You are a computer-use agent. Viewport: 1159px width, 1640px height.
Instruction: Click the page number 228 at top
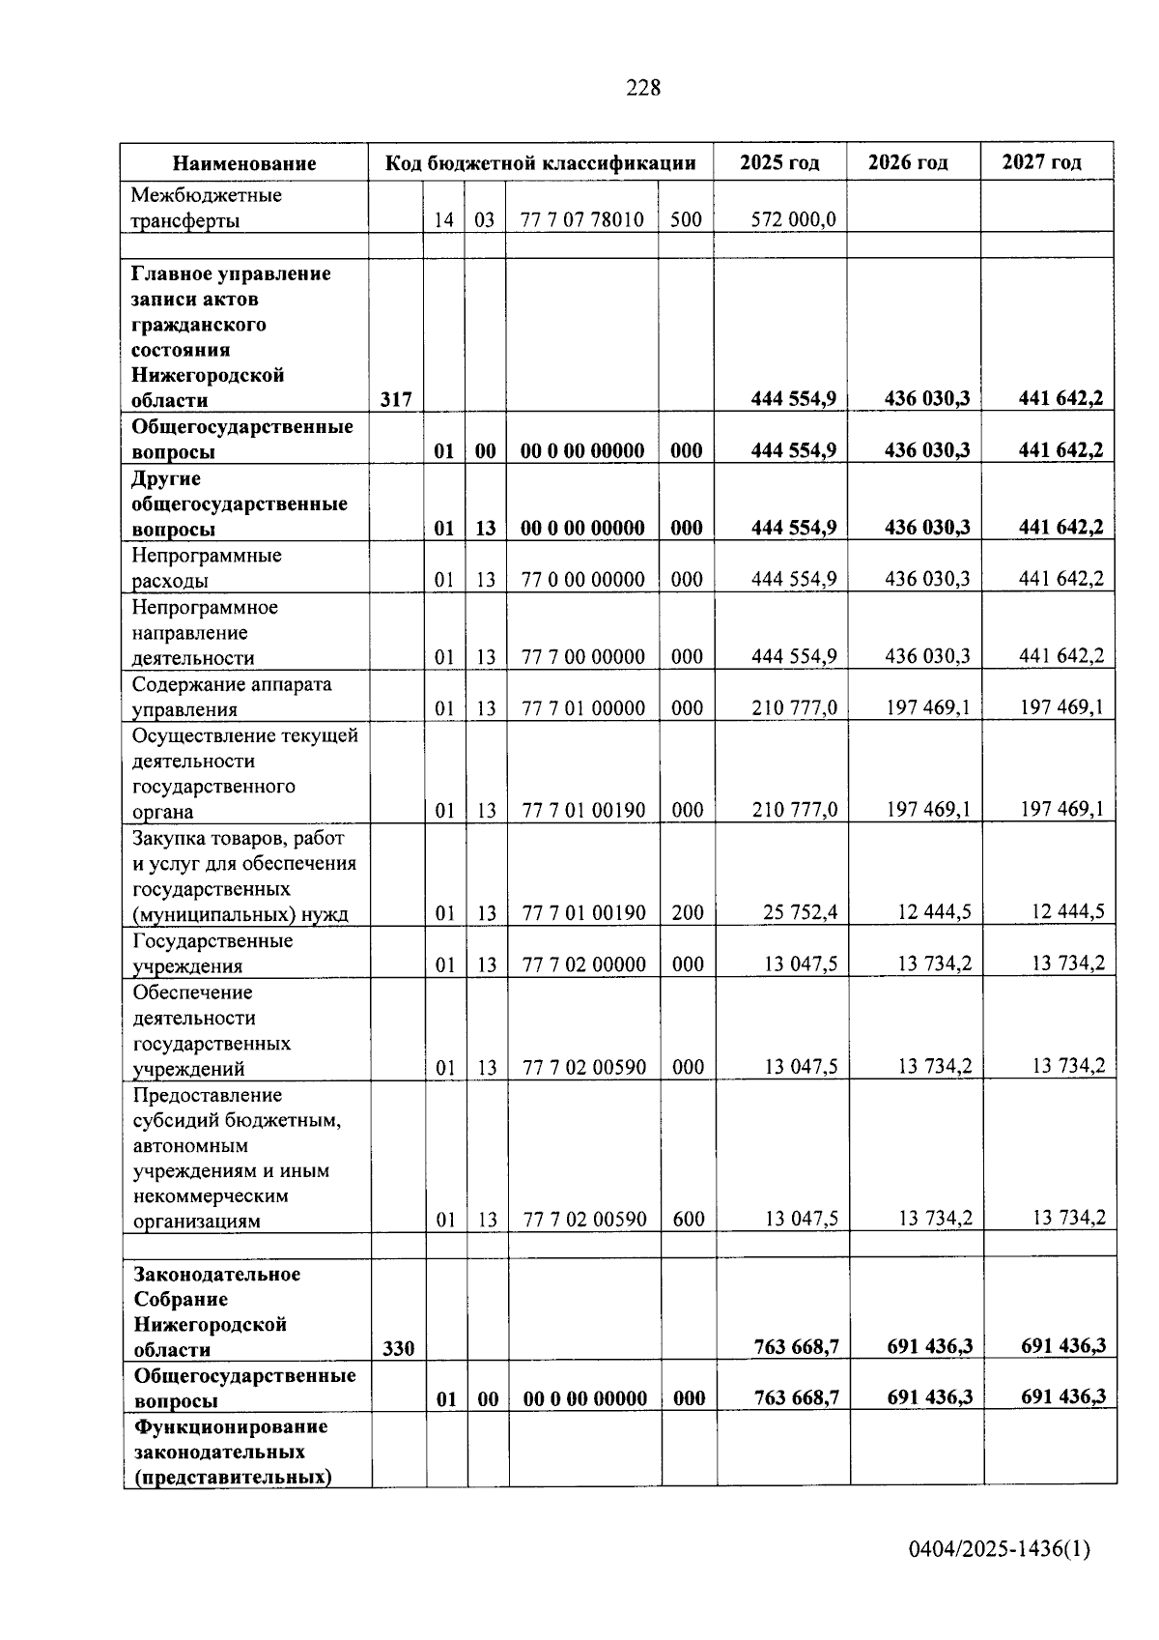pos(643,88)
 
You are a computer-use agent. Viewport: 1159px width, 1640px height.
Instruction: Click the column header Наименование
pos(244,163)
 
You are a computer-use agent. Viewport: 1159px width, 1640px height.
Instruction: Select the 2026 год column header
pos(908,162)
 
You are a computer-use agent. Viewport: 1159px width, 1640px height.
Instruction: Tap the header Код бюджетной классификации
pos(540,162)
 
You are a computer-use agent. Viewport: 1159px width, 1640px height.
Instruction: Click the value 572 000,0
pos(794,219)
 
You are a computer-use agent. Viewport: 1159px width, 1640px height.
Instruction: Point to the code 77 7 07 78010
pos(582,219)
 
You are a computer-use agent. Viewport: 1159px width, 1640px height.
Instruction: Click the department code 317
pos(396,399)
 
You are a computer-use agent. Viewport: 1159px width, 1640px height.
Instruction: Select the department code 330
pos(398,1348)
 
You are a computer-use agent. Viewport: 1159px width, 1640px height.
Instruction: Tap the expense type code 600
pos(689,1219)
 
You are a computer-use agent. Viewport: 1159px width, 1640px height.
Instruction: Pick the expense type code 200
pos(688,912)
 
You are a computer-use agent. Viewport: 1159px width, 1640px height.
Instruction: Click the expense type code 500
pos(686,219)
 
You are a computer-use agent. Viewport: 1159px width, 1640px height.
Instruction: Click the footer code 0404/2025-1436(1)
pos(999,1549)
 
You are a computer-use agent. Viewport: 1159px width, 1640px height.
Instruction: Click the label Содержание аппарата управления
pos(231,697)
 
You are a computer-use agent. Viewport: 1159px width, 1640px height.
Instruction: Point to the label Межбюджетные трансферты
pos(206,208)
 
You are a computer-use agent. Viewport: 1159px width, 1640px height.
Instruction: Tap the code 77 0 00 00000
pos(583,579)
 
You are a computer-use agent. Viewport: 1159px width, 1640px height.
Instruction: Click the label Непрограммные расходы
pos(206,568)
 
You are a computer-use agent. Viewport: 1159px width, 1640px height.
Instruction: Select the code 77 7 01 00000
pos(583,708)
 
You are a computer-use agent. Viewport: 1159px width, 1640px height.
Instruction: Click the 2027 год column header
pos(1041,162)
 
